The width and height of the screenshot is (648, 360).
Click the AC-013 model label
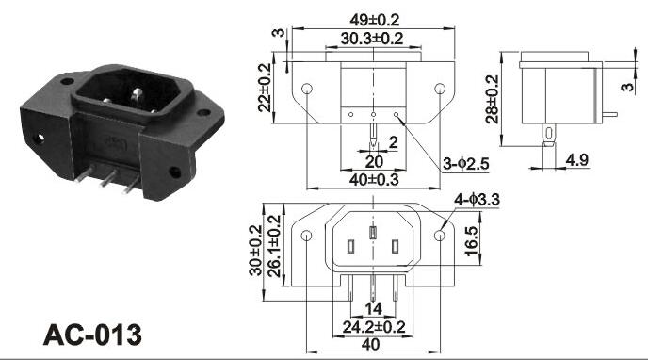pyautogui.click(x=92, y=335)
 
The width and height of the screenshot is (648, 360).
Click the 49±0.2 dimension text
pyautogui.click(x=375, y=20)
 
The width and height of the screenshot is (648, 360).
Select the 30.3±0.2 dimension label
pyautogui.click(x=371, y=39)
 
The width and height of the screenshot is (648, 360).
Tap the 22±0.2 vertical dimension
pyautogui.click(x=264, y=88)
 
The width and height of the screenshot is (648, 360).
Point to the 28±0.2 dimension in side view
pyautogui.click(x=493, y=99)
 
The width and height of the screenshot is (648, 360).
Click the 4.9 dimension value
pyautogui.click(x=577, y=159)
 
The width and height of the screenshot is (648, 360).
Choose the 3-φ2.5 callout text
pyautogui.click(x=465, y=164)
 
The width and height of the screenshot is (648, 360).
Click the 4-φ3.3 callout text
pyautogui.click(x=477, y=200)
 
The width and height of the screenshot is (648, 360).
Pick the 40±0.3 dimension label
pyautogui.click(x=374, y=179)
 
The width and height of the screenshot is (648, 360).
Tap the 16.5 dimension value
pyautogui.click(x=471, y=241)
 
